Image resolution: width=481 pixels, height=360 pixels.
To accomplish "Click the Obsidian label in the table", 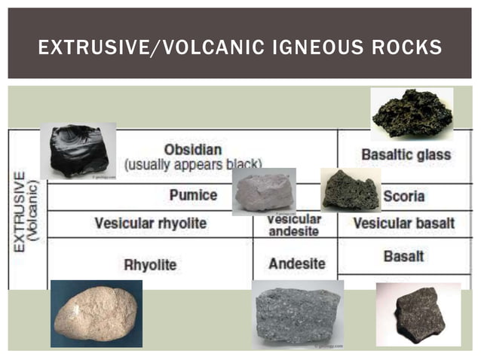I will click(193, 149).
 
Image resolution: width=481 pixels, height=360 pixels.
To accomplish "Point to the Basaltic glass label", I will click(406, 155).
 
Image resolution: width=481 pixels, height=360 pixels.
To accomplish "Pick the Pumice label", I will click(193, 195).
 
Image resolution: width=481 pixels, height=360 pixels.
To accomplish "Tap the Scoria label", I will click(404, 197).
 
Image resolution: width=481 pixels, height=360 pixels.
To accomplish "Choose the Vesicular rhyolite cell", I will click(150, 224).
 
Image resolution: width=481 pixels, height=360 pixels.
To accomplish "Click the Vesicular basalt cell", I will click(404, 224).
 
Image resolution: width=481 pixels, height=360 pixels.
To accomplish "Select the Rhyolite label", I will click(150, 264).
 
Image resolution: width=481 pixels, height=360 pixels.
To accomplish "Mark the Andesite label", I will click(297, 264).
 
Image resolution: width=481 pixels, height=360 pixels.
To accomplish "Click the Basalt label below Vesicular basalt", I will click(404, 256).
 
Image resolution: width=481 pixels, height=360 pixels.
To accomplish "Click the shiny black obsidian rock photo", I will click(78, 151).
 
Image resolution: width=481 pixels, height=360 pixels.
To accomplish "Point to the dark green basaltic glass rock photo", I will click(412, 114).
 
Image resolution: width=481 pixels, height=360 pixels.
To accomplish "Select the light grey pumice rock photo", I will click(262, 191).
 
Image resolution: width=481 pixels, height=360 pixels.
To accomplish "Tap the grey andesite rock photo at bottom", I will click(298, 314).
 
